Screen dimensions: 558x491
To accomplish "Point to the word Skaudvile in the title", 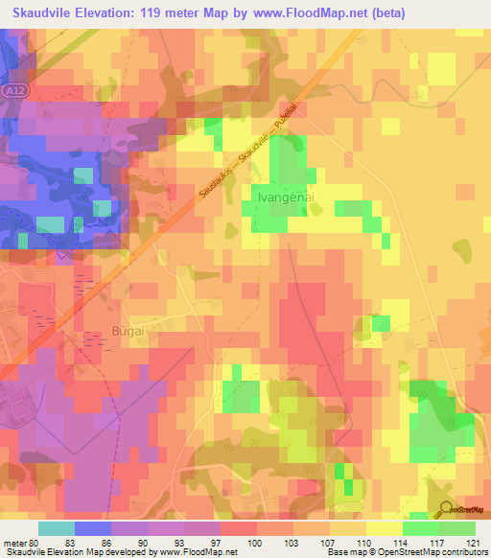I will point(46,13).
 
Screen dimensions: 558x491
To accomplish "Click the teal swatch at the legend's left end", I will point(56,528).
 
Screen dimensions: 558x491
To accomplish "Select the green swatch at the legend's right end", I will point(456,528).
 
